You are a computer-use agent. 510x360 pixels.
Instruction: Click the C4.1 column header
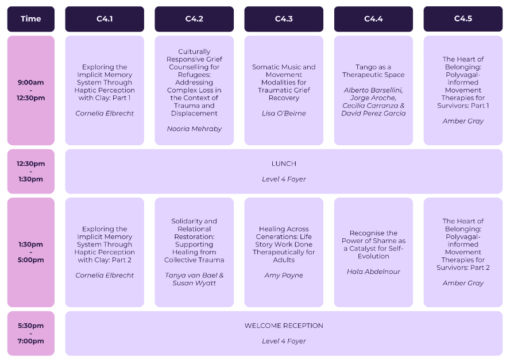tap(105, 19)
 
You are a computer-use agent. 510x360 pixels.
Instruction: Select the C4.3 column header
tap(284, 19)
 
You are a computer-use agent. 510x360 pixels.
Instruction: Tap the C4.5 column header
tap(463, 19)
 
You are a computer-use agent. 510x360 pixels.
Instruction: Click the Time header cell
tap(31, 19)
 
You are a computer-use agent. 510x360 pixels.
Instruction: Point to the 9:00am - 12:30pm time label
tap(31, 90)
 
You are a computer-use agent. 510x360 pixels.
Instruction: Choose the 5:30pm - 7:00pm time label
tap(31, 334)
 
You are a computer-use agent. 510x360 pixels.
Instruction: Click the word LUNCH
tap(284, 164)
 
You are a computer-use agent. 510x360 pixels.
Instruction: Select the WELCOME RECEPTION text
tap(284, 326)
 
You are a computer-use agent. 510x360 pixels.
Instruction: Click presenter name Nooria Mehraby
tap(194, 129)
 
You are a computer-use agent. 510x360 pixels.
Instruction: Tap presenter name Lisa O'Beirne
tap(284, 113)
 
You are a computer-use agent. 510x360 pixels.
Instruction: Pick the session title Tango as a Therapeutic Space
tap(373, 71)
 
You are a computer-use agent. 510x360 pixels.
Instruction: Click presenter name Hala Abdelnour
tap(373, 272)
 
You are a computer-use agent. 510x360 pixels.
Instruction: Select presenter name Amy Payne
tap(284, 276)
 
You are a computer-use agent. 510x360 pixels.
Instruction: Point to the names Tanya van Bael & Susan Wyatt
tap(194, 279)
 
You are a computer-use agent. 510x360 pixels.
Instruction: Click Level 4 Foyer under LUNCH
tap(284, 179)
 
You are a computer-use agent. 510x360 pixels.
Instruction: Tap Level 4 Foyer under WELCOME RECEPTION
tap(284, 341)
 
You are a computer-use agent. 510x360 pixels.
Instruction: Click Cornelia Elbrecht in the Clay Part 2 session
tap(105, 276)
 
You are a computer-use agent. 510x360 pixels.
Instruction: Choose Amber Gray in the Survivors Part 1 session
tap(463, 121)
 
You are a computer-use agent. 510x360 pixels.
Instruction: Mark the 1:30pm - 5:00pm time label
tap(31, 252)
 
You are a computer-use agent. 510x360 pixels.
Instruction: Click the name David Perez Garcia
tap(373, 113)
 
